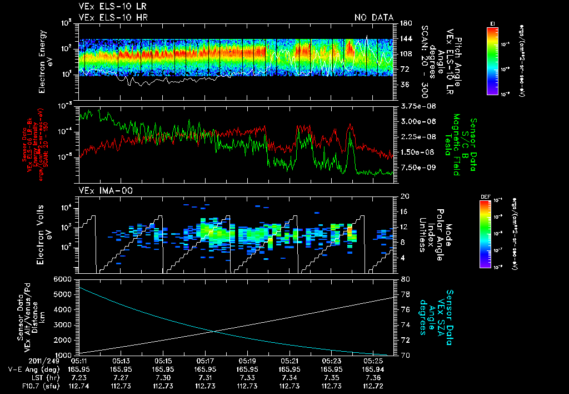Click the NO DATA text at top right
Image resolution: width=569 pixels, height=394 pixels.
click(374, 18)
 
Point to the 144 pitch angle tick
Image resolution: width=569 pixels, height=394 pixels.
click(405, 38)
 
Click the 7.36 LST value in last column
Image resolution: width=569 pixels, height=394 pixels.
click(373, 377)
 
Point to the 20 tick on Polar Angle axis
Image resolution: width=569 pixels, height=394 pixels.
click(405, 196)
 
